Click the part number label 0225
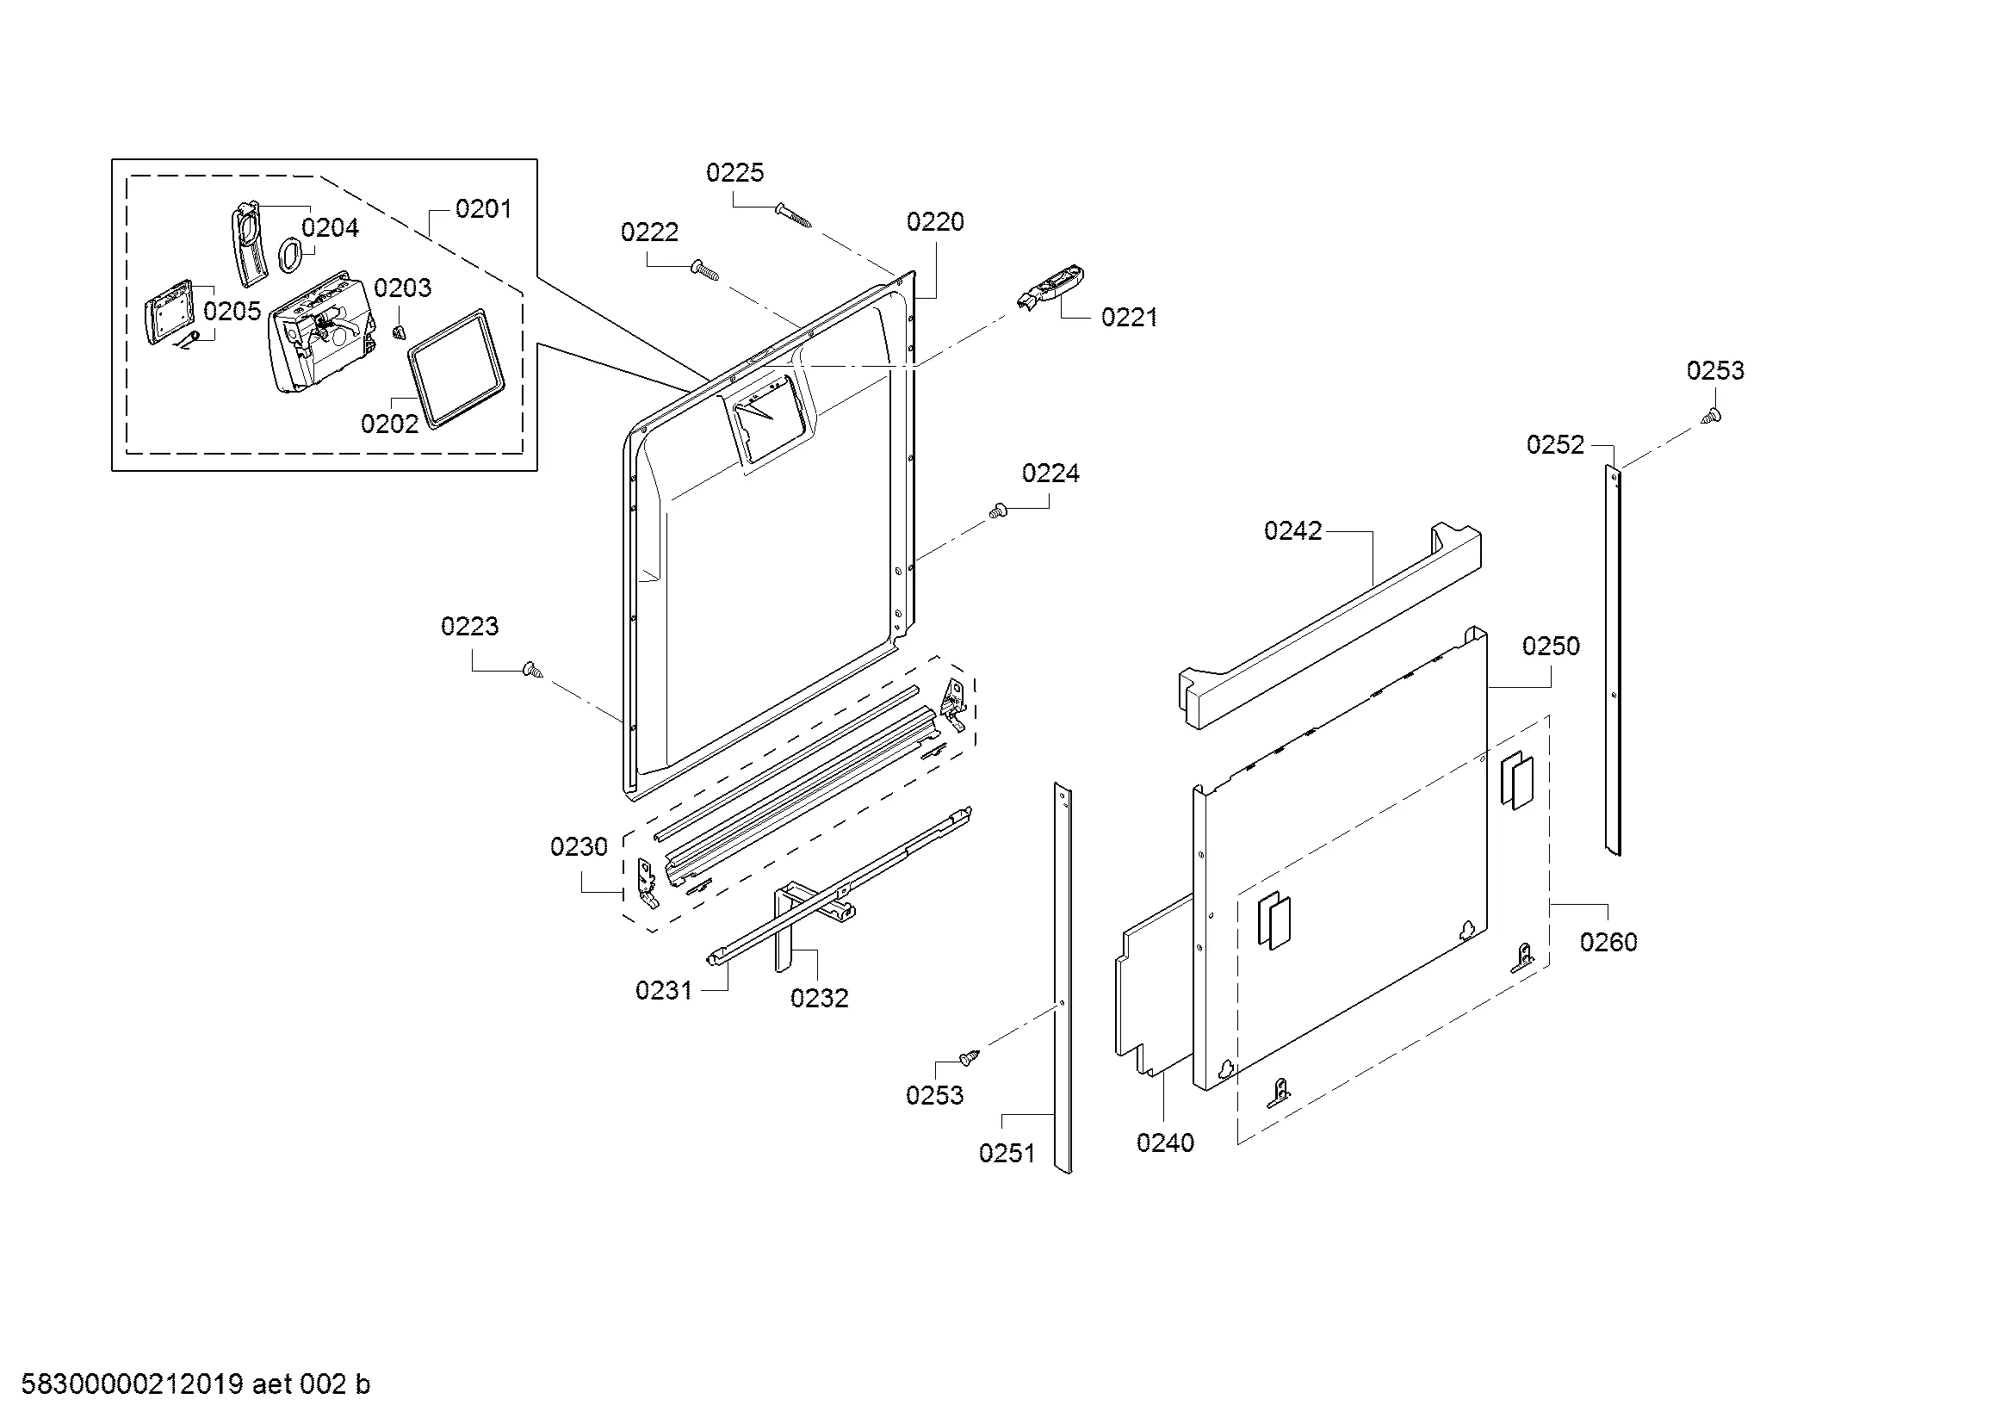(735, 173)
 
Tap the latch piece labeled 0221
(1050, 288)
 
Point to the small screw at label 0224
(997, 511)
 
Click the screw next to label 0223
(531, 670)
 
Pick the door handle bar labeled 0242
(1328, 625)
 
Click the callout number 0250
(1551, 647)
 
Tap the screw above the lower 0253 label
(969, 1058)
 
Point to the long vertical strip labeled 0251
(1063, 978)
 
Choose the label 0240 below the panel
(1165, 1143)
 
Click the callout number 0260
(1608, 943)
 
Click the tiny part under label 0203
(400, 331)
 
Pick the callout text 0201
(483, 208)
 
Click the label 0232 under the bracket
(819, 998)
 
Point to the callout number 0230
(579, 847)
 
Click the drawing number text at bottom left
(195, 1384)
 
